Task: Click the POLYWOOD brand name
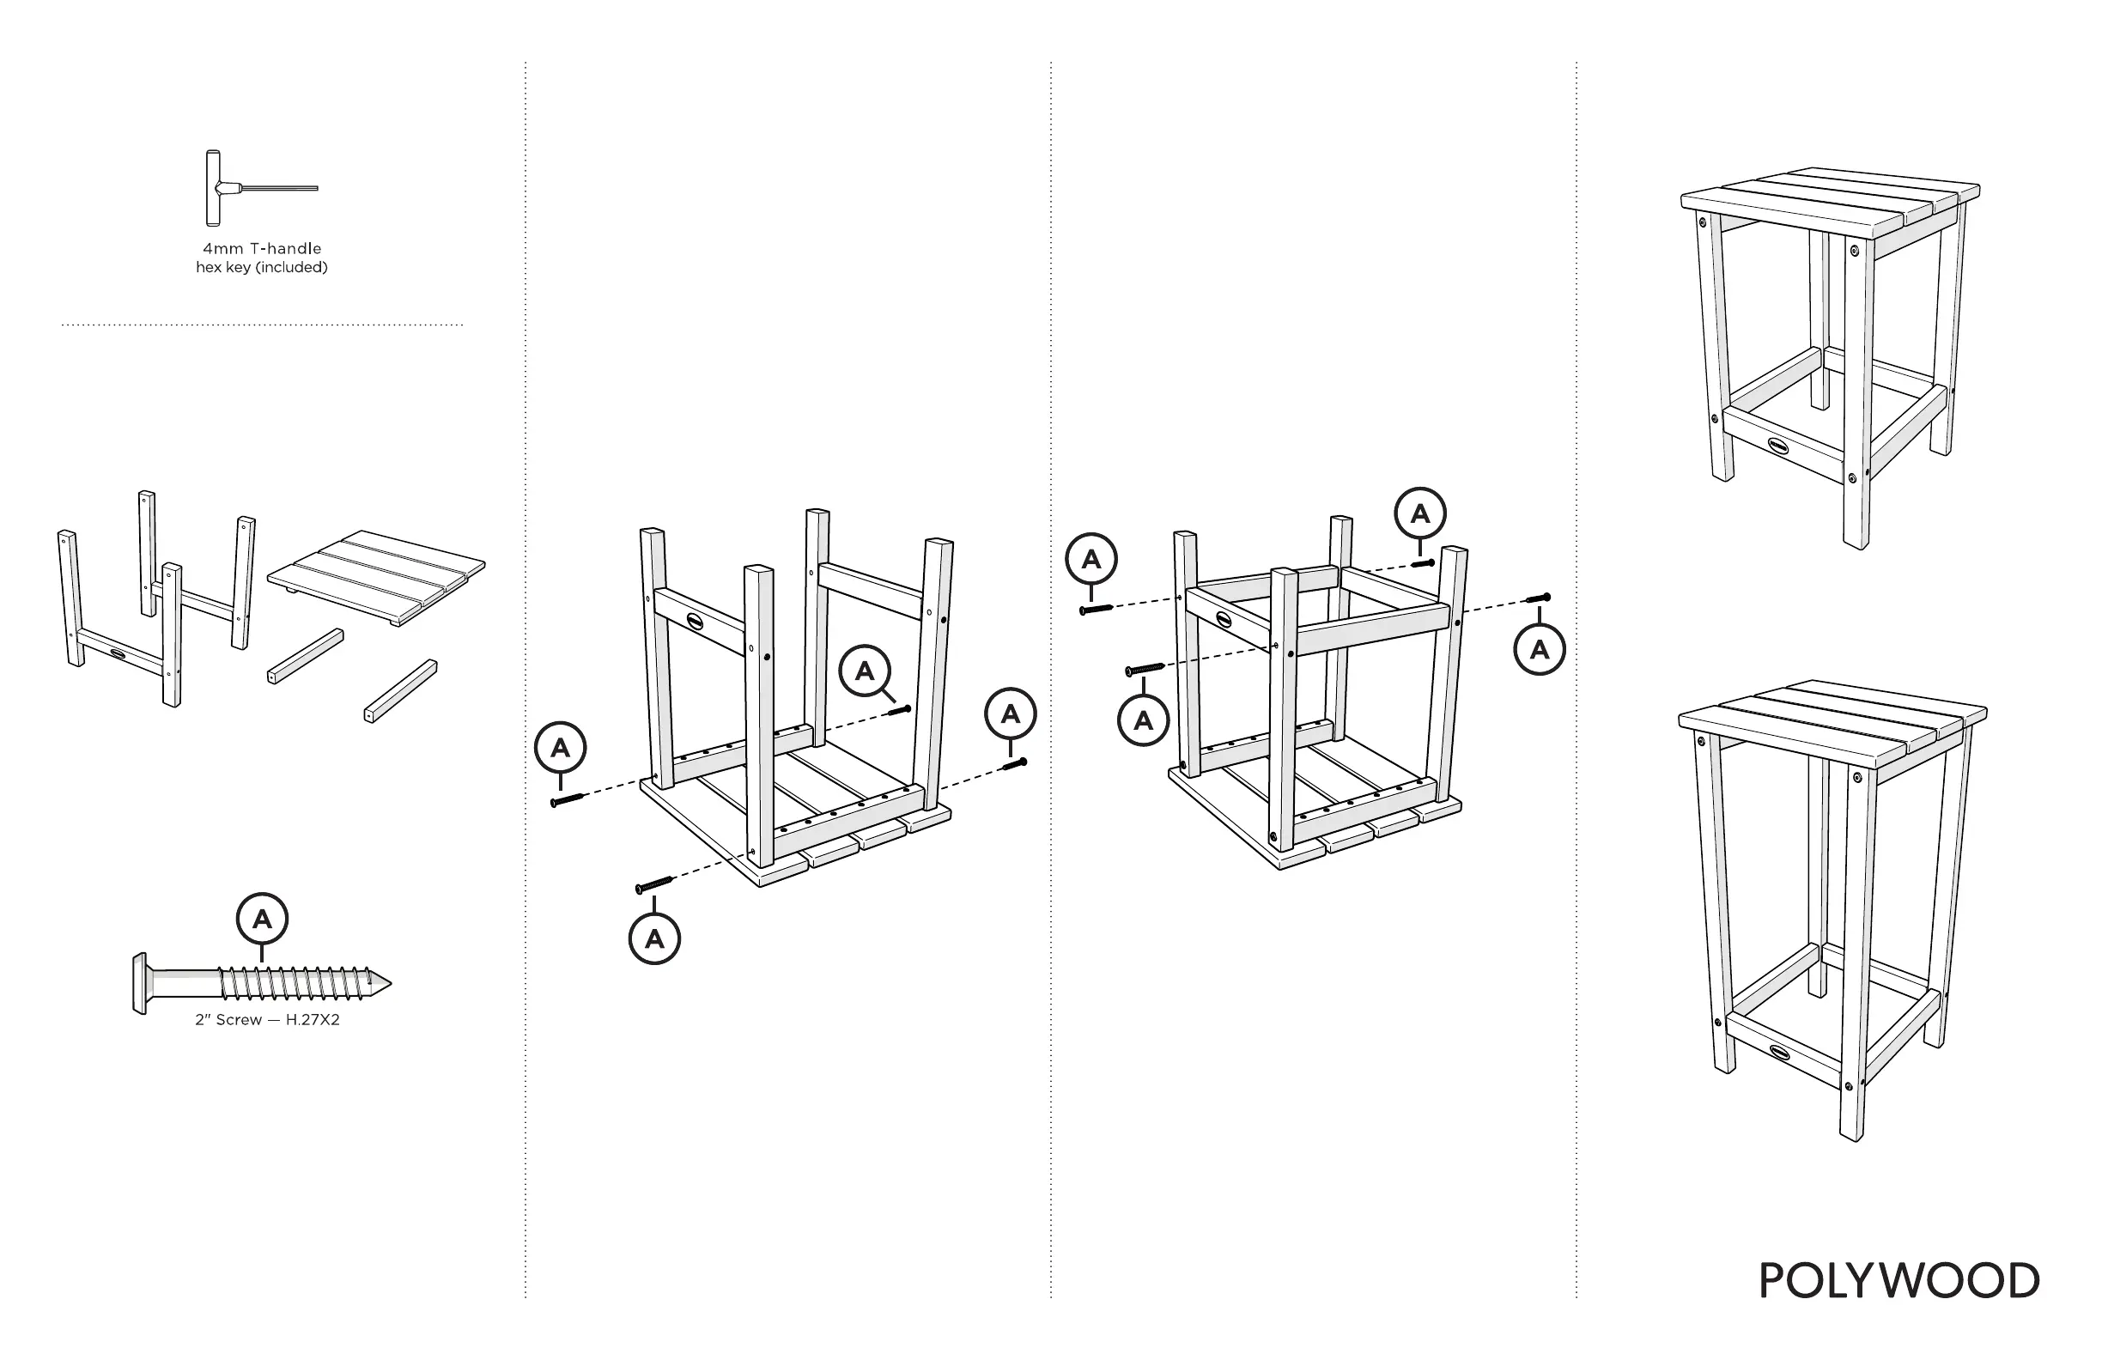[x=1898, y=1281]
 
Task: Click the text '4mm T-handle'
[x=262, y=249]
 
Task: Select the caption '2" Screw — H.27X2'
[x=267, y=1020]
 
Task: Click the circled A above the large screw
[x=262, y=920]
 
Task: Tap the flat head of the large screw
[x=138, y=983]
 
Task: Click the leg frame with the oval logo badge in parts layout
[x=120, y=649]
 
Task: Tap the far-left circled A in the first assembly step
[x=560, y=749]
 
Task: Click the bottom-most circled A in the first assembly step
[x=654, y=938]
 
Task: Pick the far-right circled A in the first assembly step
[x=1011, y=713]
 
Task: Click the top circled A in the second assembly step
[x=1419, y=513]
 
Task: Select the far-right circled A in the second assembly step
[x=1540, y=650]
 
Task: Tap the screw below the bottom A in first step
[x=654, y=884]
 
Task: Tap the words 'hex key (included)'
[x=261, y=268]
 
